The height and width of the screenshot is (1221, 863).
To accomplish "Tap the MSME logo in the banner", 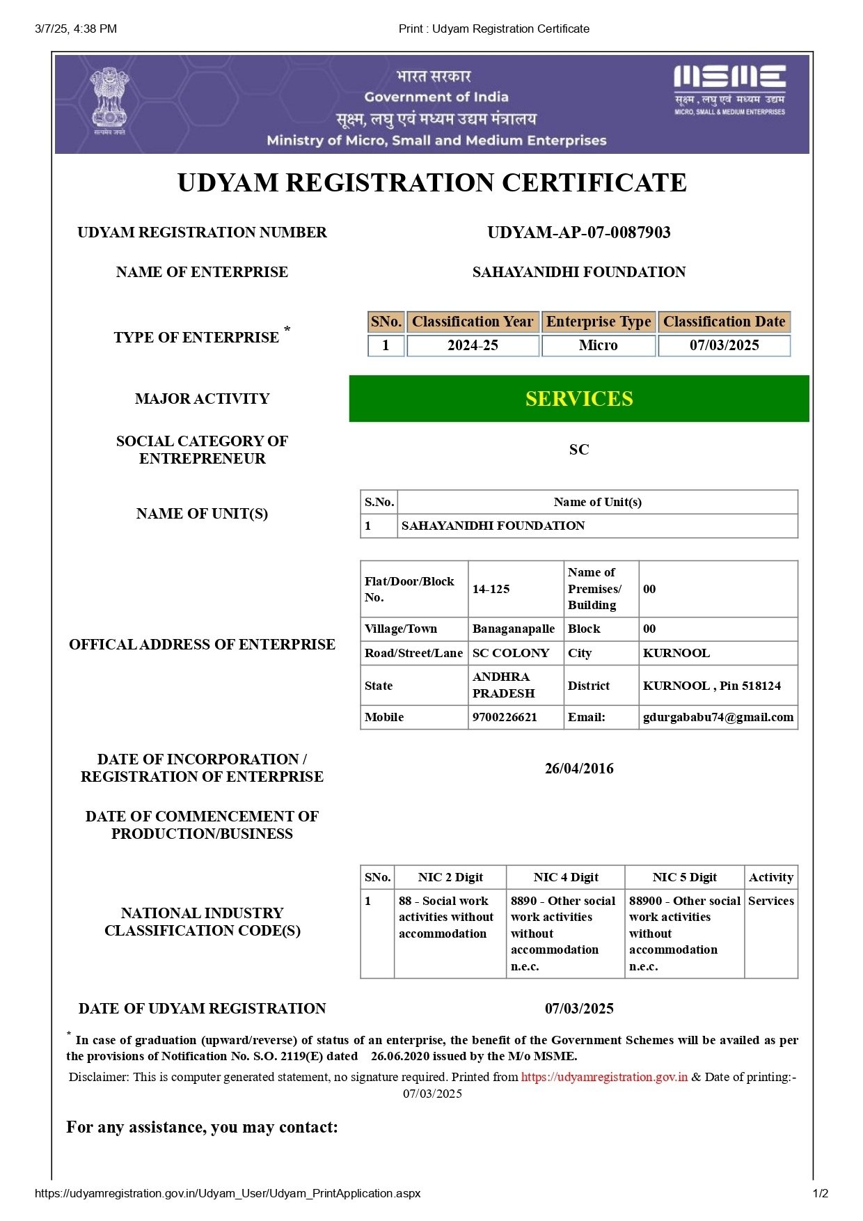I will click(729, 89).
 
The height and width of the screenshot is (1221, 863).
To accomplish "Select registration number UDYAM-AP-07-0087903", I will click(578, 233).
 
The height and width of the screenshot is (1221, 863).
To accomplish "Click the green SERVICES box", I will click(578, 398).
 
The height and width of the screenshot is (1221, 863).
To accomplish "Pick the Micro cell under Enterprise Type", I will click(598, 345).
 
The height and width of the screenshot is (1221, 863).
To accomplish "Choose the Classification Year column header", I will click(473, 322).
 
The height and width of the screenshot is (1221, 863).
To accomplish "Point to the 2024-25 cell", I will click(473, 345).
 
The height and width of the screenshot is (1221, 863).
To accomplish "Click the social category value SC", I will click(578, 450).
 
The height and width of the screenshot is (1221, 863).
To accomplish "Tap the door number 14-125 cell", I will click(491, 589).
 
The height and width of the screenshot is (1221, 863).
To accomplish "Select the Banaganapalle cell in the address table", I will click(514, 629).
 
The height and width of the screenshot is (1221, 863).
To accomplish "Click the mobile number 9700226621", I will click(505, 717).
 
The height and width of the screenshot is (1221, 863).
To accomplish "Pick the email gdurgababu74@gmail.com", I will click(718, 717).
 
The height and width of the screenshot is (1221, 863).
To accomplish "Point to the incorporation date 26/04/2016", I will click(578, 769).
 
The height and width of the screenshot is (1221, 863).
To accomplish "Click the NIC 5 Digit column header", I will click(684, 877).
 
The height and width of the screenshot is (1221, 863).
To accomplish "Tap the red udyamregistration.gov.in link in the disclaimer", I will click(604, 1077).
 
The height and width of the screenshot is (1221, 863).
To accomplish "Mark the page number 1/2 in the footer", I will click(821, 1193).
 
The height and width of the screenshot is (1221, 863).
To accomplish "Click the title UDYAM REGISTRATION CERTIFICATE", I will click(431, 182).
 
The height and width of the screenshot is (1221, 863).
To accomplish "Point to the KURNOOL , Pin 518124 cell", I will click(711, 686).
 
